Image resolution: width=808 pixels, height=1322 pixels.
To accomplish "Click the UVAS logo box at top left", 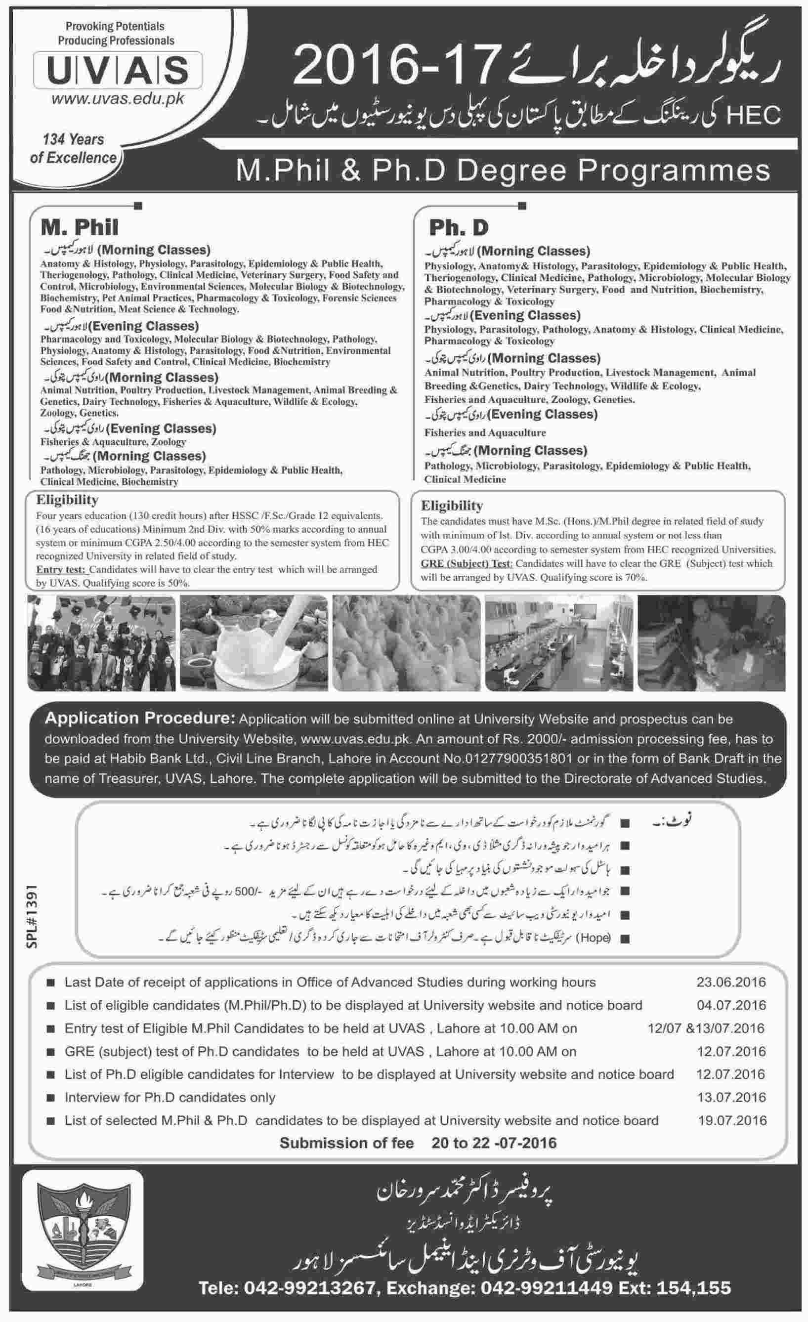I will pyautogui.click(x=118, y=70).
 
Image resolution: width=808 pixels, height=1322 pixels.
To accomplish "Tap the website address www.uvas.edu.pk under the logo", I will pyautogui.click(x=118, y=99).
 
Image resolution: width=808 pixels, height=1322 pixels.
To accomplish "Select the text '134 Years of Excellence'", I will pyautogui.click(x=74, y=149).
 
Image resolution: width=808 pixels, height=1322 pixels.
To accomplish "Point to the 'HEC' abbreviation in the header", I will pyautogui.click(x=753, y=115).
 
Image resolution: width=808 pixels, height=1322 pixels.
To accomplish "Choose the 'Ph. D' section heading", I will pyautogui.click(x=459, y=228).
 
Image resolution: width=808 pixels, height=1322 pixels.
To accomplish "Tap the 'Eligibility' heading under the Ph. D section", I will pyautogui.click(x=452, y=506).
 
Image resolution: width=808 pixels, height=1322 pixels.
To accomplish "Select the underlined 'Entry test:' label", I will pyautogui.click(x=61, y=569).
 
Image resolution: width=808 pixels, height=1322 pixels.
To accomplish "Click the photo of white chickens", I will pyautogui.click(x=406, y=642).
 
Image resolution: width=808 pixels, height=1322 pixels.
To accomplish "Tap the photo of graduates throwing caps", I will pyautogui.click(x=101, y=642).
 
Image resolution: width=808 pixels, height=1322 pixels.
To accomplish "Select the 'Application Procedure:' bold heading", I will pyautogui.click(x=140, y=719).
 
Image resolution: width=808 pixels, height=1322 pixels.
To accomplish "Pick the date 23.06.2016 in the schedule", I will pyautogui.click(x=731, y=982).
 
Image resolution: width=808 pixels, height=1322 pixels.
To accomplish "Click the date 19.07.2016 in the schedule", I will pyautogui.click(x=732, y=1120).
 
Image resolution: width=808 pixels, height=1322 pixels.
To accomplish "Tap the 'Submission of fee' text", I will pyautogui.click(x=346, y=1143).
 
